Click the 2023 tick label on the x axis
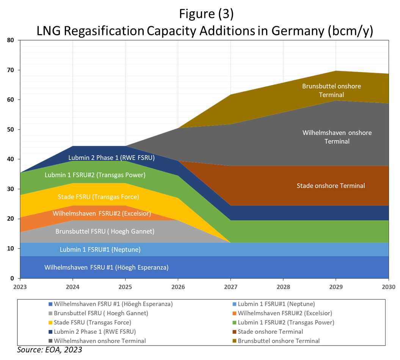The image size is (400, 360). tap(20, 287)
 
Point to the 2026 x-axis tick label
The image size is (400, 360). tap(178, 287)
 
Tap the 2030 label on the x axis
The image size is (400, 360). tap(388, 287)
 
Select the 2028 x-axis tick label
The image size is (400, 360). tap(283, 287)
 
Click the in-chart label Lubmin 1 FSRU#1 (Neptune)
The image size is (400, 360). tap(100, 250)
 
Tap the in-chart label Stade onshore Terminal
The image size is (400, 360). tap(331, 186)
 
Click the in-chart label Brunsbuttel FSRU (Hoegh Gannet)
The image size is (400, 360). tap(105, 231)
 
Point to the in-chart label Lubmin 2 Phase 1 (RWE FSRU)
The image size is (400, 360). tap(111, 158)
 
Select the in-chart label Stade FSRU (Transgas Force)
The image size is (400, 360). tap(98, 197)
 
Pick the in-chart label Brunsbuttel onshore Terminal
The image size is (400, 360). tap(331, 90)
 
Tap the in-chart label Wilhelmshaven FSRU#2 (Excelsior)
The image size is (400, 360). tap(102, 214)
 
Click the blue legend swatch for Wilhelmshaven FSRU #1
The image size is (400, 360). tap(50, 304)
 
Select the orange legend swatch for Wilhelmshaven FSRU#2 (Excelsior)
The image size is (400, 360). tap(234, 314)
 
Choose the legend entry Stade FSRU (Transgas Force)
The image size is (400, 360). tap(93, 322)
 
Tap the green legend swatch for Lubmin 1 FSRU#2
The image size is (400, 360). tap(234, 323)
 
